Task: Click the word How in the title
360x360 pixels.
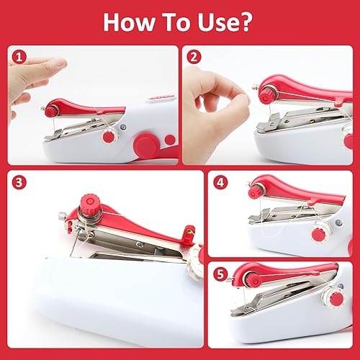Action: click(x=129, y=22)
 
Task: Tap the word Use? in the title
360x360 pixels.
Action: click(x=225, y=22)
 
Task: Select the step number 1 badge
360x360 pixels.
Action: click(x=19, y=58)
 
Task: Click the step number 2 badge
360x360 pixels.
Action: click(x=194, y=58)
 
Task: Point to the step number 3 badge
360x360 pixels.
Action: click(x=19, y=182)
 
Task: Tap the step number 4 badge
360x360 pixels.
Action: click(x=220, y=182)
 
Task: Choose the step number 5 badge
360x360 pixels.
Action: click(x=220, y=274)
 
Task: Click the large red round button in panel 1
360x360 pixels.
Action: click(x=145, y=145)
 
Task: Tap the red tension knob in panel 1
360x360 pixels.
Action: click(x=51, y=112)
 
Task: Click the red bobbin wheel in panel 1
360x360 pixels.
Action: click(x=109, y=137)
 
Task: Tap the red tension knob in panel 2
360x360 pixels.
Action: click(x=266, y=96)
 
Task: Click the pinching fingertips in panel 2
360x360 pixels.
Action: click(x=243, y=99)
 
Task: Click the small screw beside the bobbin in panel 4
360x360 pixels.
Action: click(x=339, y=222)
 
